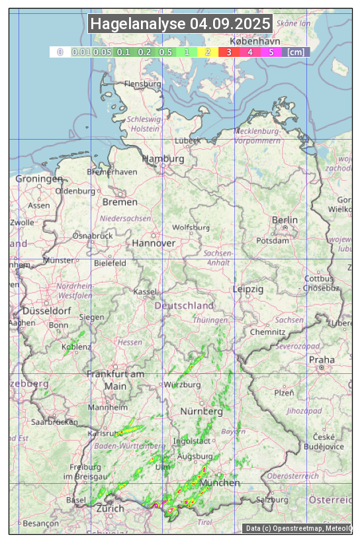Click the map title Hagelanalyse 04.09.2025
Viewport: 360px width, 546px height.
point(180,24)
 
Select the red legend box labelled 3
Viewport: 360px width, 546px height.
point(228,52)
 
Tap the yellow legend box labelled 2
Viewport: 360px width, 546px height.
point(208,52)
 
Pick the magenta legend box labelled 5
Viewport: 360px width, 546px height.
point(271,52)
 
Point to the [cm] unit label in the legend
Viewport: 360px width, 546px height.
point(296,52)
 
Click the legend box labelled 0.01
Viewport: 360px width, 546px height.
point(81,52)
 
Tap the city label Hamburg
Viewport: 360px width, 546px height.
point(163,159)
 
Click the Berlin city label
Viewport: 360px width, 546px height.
point(285,220)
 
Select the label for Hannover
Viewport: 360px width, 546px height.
point(154,243)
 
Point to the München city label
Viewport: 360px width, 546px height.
point(220,482)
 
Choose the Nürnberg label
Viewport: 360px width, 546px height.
point(202,411)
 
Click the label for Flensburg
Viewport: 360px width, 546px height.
point(142,84)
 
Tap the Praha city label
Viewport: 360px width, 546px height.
point(322,359)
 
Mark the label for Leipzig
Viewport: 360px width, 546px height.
point(248,289)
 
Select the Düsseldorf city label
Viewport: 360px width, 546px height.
point(47,310)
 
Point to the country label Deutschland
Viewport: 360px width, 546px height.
point(184,305)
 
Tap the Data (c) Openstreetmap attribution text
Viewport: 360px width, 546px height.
point(298,528)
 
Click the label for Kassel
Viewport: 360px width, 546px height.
point(145,291)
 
